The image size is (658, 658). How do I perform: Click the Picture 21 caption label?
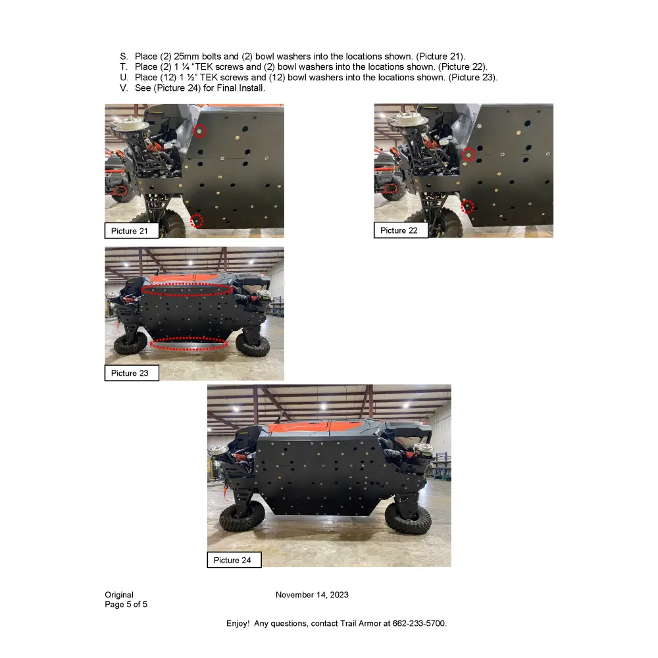tap(132, 231)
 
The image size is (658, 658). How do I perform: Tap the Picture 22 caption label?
tap(401, 230)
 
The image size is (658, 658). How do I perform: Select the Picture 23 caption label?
tap(132, 373)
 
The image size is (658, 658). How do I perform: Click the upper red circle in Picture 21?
tap(200, 132)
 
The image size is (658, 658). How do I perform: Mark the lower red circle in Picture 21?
tap(196, 220)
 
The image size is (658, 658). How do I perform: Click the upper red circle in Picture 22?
tap(468, 155)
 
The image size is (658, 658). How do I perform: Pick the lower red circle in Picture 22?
tap(467, 207)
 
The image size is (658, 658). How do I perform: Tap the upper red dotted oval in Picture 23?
tap(188, 290)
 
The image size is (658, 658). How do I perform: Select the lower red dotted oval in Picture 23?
tap(189, 343)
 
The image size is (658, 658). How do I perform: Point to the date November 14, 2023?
tap(312, 595)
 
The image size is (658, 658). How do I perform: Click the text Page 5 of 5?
tap(126, 604)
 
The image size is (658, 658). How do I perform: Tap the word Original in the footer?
tap(118, 595)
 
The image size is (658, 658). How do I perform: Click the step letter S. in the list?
tap(124, 57)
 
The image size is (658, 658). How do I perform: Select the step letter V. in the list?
tap(124, 88)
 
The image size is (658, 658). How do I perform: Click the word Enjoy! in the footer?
tap(238, 623)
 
